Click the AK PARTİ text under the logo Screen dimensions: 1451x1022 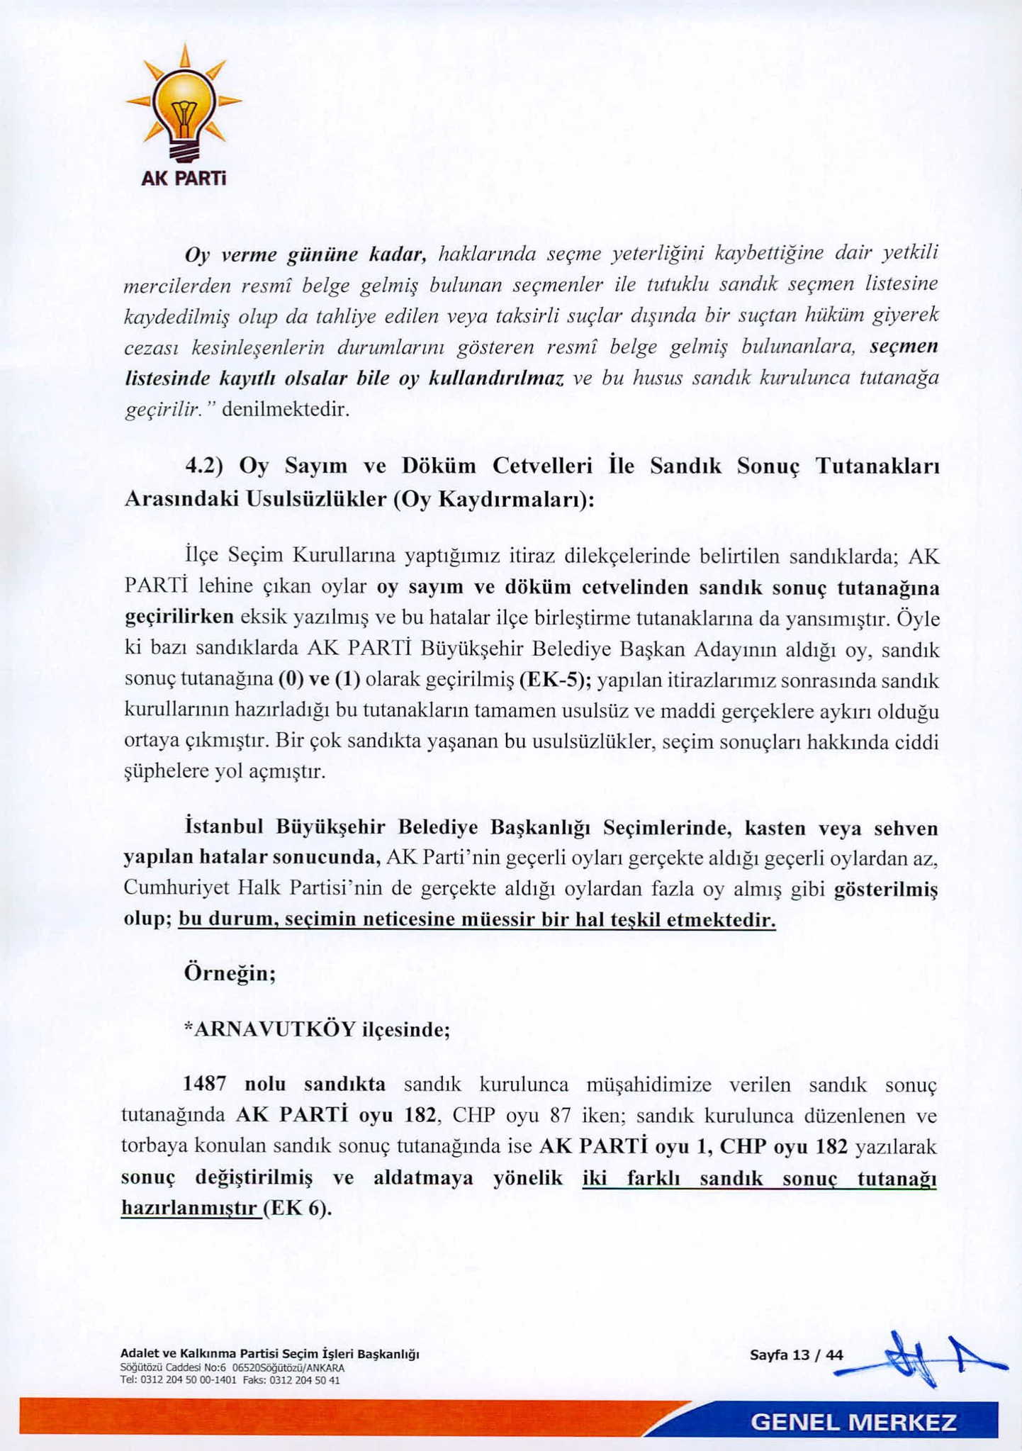184,179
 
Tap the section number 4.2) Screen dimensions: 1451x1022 204,466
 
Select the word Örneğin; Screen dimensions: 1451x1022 230,972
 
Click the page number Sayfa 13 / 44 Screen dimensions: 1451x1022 797,1355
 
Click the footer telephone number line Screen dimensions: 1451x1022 230,1379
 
